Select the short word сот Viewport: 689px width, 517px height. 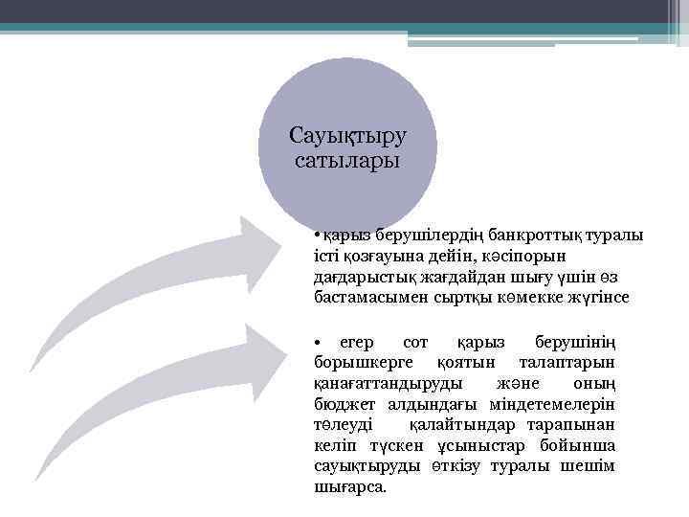(416, 343)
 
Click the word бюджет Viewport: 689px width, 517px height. (340, 404)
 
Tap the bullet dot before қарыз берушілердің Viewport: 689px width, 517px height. (317, 236)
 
